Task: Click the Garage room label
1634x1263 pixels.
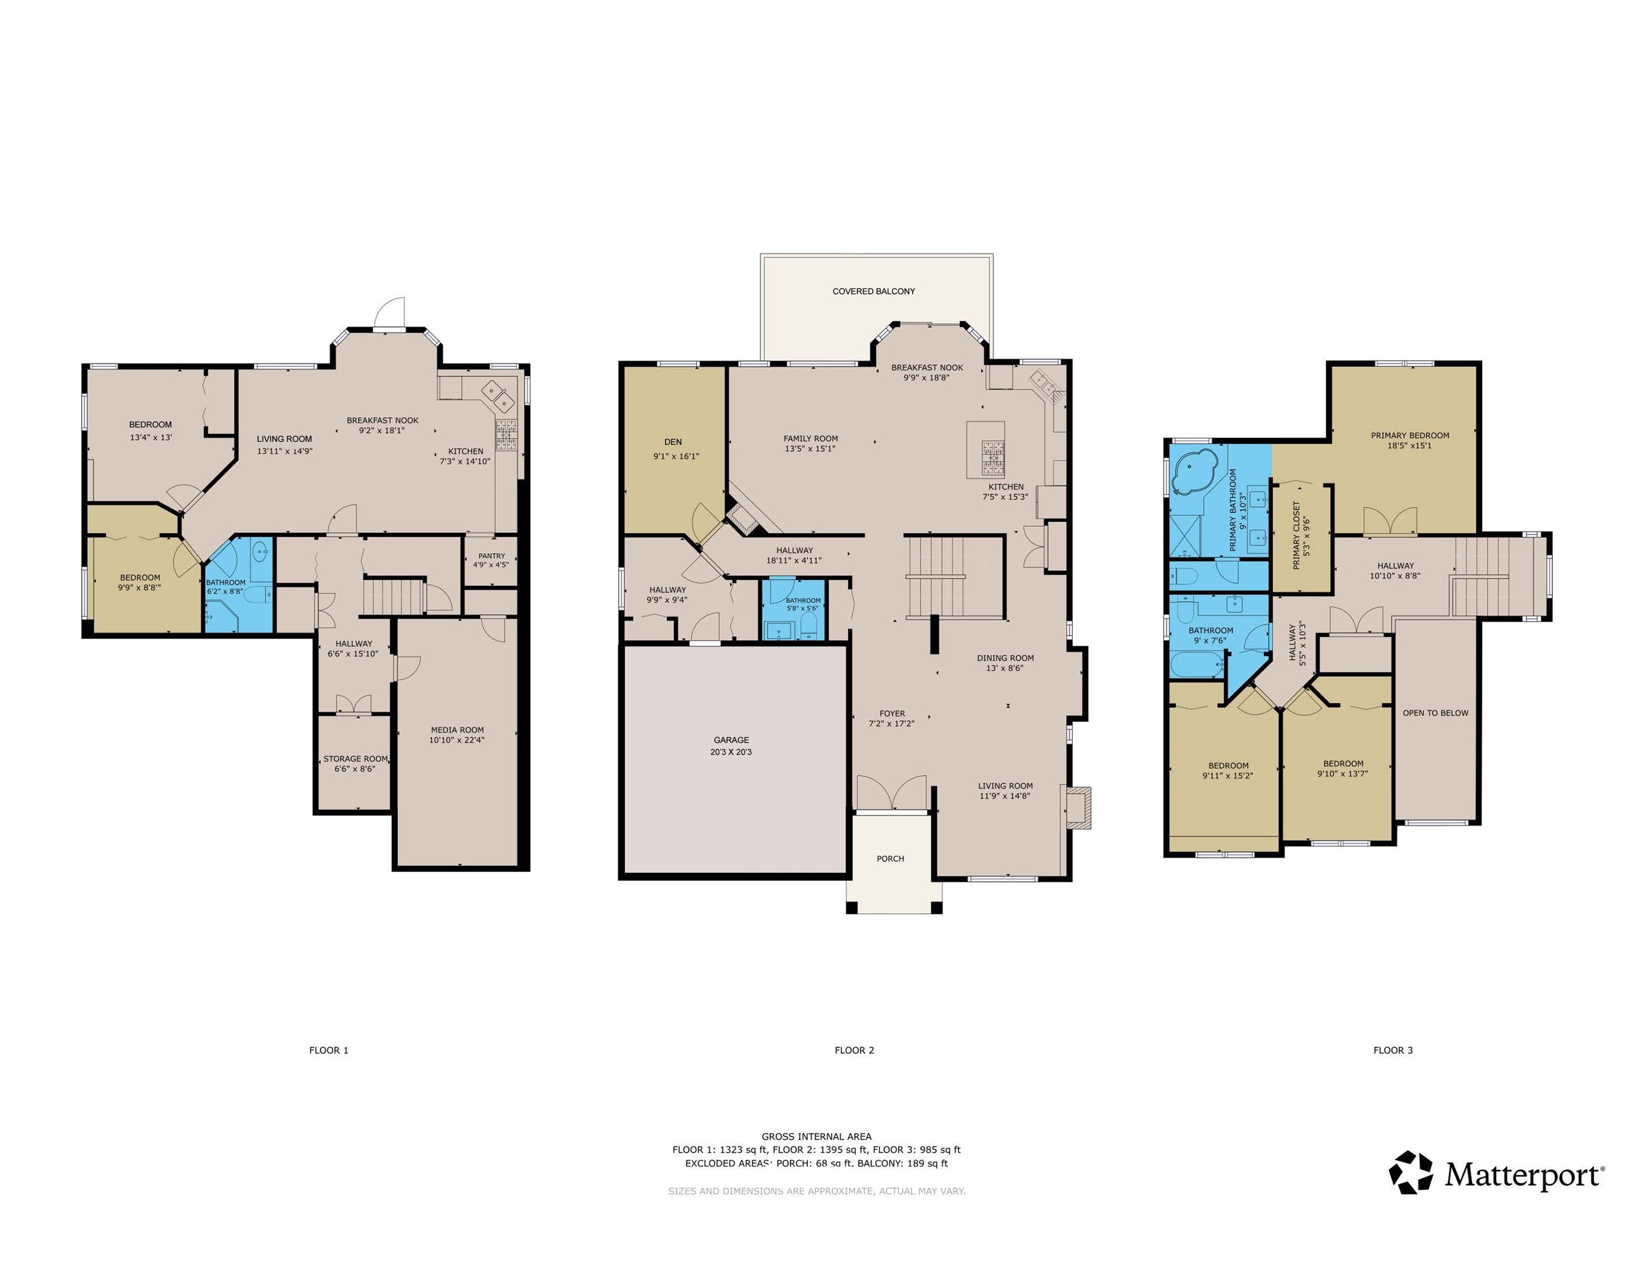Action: point(731,740)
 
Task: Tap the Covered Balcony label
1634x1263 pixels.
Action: point(874,291)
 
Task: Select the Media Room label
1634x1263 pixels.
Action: point(457,730)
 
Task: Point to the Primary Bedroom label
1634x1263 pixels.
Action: point(1410,435)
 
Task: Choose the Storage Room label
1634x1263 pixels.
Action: point(355,759)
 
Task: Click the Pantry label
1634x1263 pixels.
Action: point(492,556)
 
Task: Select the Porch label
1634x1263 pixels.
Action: point(890,858)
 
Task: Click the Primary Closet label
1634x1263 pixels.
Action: point(1296,535)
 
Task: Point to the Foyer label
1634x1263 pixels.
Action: point(892,713)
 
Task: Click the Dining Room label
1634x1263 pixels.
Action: point(1005,658)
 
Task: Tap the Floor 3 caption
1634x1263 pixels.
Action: point(1393,1050)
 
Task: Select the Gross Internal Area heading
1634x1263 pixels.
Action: point(816,1136)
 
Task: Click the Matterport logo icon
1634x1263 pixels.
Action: point(1411,1171)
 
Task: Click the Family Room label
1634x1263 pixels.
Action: point(810,439)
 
